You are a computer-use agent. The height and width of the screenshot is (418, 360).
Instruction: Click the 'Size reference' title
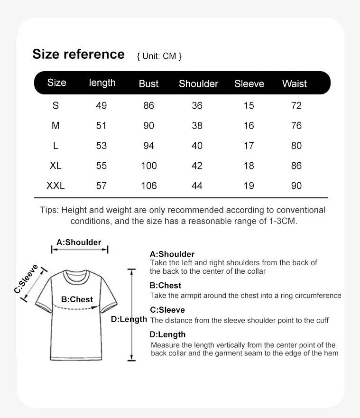[x=78, y=54]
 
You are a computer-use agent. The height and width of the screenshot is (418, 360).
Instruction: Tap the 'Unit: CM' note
[x=159, y=56]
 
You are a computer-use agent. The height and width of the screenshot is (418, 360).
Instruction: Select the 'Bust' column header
[x=148, y=84]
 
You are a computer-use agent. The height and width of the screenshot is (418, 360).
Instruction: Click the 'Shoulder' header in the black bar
[x=198, y=84]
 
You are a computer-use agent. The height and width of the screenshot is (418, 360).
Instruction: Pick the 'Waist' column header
[x=295, y=84]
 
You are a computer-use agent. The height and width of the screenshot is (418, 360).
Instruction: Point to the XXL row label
[x=55, y=186]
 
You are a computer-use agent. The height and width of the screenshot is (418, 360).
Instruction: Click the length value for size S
[x=102, y=105]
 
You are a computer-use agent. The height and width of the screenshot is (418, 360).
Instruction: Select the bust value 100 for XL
[x=149, y=166]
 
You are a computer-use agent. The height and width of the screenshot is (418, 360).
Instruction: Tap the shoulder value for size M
[x=197, y=126]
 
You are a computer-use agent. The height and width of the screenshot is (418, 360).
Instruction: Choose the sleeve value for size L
[x=249, y=146]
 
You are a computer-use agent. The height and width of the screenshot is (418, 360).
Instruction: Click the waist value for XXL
[x=296, y=186]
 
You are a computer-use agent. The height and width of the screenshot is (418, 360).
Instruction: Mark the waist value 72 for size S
[x=296, y=105]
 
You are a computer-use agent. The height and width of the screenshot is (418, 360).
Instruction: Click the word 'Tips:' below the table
[x=49, y=210]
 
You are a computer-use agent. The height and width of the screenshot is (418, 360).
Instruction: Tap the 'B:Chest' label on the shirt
[x=77, y=299]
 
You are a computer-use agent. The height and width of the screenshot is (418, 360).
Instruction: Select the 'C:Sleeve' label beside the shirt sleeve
[x=27, y=279]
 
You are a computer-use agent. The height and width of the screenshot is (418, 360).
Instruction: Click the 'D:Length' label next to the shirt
[x=129, y=319]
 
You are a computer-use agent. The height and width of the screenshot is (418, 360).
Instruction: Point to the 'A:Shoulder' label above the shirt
[x=79, y=242]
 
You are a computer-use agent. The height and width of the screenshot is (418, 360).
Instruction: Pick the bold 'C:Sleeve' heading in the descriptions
[x=167, y=310]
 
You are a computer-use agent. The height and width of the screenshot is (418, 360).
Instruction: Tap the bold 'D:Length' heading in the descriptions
[x=167, y=334]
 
